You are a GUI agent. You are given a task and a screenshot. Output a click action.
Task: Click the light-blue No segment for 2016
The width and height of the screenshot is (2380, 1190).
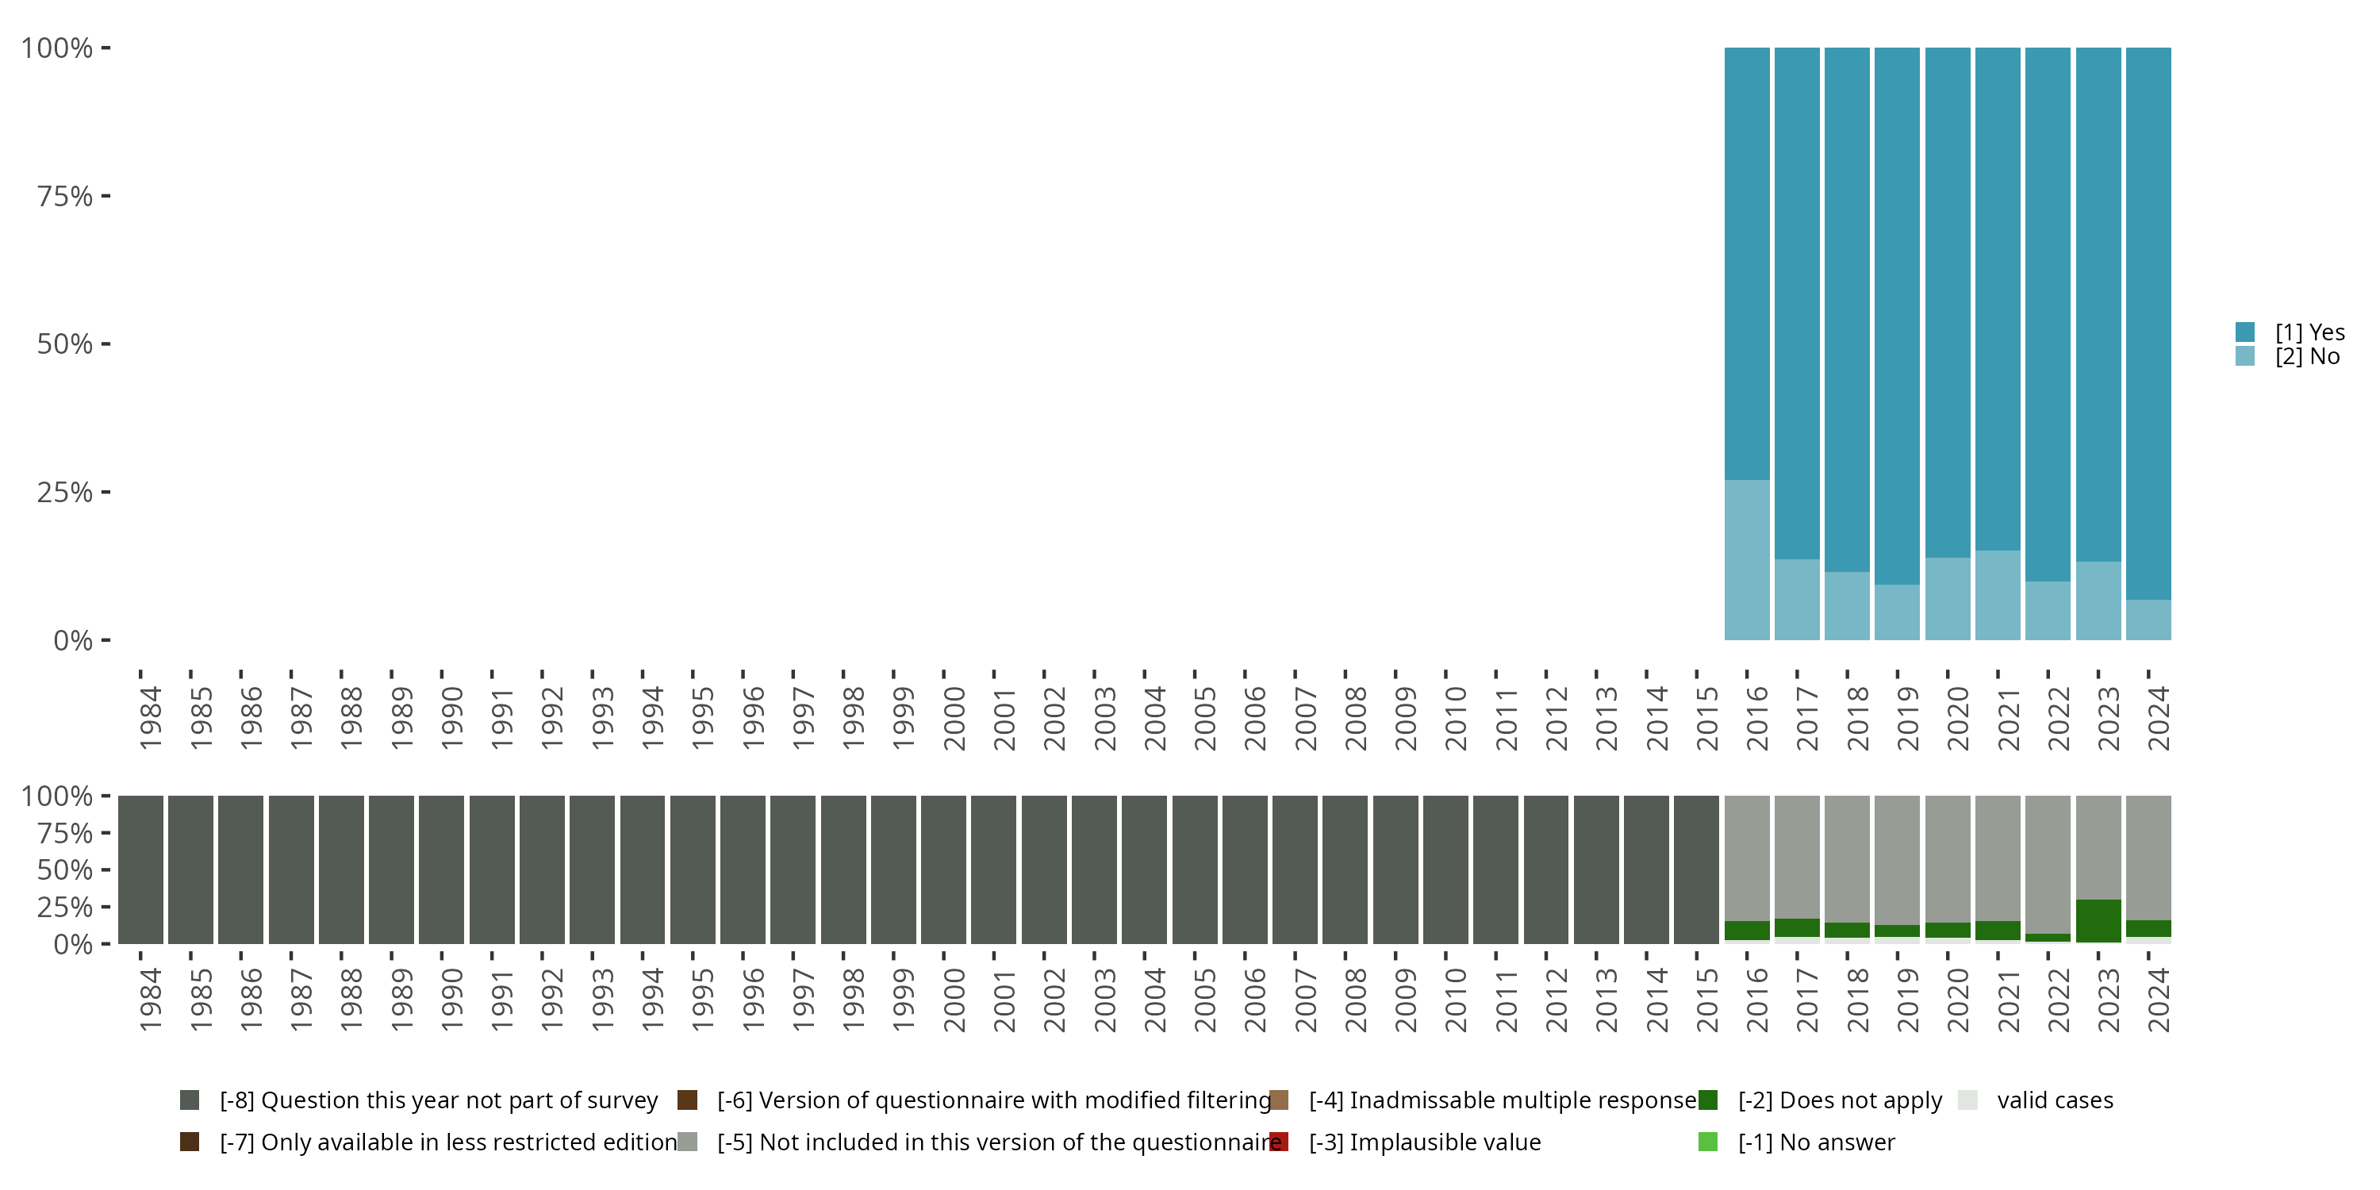[x=1747, y=560]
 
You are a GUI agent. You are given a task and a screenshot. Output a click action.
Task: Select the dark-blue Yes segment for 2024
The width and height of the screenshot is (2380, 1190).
[x=2148, y=324]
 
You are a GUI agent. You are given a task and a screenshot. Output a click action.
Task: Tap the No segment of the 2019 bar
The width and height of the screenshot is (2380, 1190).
[x=1897, y=612]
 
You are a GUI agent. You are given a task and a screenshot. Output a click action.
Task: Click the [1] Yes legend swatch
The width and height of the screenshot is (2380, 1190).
[x=2245, y=332]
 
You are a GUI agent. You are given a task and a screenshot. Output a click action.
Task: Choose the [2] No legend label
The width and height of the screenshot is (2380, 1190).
[x=2307, y=357]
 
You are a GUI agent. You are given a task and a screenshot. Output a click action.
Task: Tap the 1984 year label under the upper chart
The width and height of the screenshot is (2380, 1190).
[x=151, y=718]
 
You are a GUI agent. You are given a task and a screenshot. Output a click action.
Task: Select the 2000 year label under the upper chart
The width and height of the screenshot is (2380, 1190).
[x=954, y=718]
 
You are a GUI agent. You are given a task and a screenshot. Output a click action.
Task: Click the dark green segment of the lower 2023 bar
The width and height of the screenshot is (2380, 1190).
[x=2098, y=920]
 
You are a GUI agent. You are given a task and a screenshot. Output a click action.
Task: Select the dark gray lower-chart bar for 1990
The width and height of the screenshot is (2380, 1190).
[x=442, y=869]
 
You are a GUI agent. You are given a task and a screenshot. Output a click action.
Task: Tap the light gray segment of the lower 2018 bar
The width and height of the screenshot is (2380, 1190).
[x=1847, y=858]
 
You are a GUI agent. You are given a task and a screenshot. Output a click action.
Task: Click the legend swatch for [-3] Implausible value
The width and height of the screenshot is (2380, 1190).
[x=1280, y=1142]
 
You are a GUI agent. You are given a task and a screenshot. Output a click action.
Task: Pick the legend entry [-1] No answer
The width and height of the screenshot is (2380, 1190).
[x=1815, y=1142]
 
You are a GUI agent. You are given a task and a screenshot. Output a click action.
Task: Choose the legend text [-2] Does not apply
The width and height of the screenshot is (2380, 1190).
[x=1840, y=1100]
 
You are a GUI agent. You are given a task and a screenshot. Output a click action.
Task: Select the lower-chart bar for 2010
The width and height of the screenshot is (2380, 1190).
[x=1446, y=869]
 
